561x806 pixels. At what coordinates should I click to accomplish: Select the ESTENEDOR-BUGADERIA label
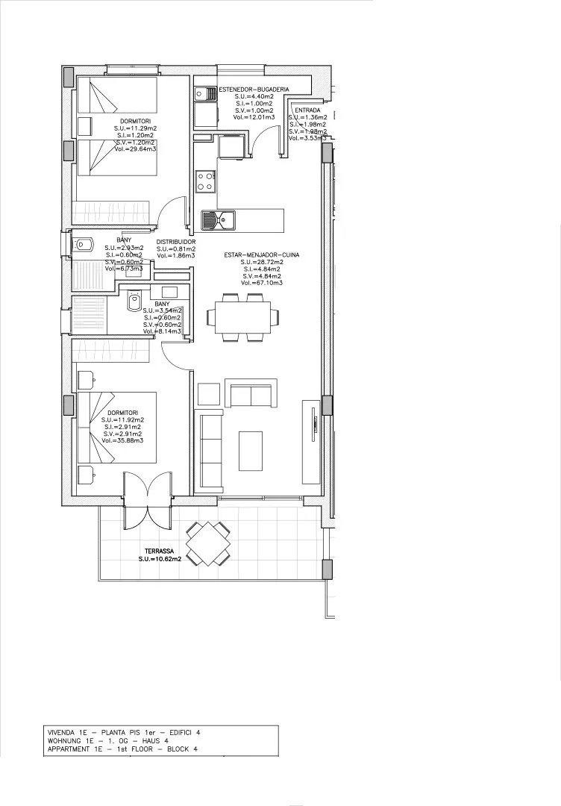click(248, 90)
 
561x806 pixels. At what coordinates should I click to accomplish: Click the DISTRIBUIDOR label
click(176, 243)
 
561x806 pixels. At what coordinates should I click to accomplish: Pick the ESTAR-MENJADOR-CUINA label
click(262, 255)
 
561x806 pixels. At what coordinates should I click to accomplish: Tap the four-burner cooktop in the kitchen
click(206, 180)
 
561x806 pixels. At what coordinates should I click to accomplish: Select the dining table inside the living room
click(244, 316)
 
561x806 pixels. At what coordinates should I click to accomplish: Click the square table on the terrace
click(208, 543)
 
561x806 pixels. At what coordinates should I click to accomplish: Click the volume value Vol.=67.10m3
click(262, 284)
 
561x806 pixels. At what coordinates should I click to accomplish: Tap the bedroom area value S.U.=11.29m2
click(136, 128)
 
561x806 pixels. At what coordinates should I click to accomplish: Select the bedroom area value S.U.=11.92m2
click(122, 420)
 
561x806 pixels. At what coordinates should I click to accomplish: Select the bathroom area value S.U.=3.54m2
click(163, 311)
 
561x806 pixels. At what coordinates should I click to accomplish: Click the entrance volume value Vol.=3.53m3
click(307, 138)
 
